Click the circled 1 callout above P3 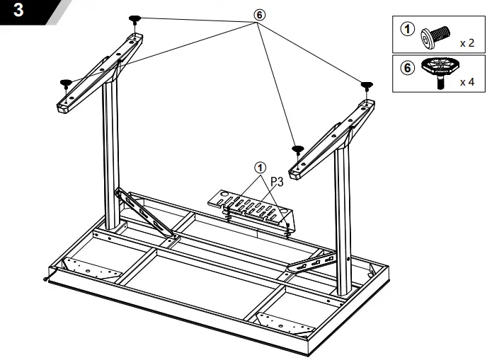click(260, 168)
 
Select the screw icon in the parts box click(433, 34)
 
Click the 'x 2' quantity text click(467, 42)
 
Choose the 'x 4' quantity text click(467, 82)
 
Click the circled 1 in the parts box click(406, 30)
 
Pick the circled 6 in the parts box click(406, 69)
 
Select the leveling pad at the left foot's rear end click(135, 20)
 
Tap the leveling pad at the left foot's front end click(65, 83)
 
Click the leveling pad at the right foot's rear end click(367, 86)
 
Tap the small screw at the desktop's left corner click(46, 277)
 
